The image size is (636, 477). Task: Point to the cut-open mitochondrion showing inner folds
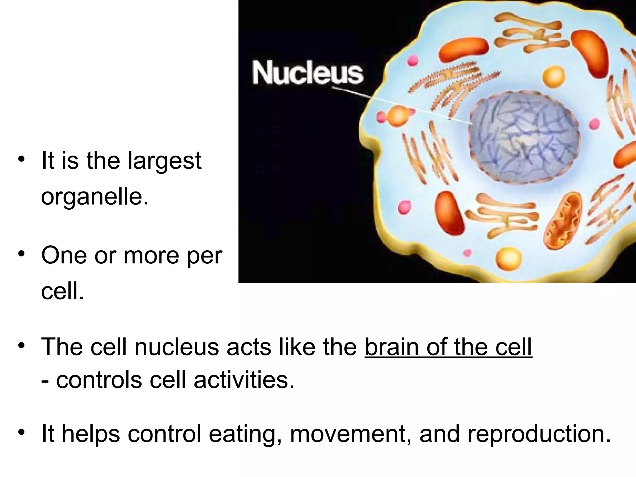[562, 220]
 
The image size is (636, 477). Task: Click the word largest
[165, 161]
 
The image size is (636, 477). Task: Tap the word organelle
[94, 197]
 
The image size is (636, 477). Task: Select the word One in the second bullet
[64, 256]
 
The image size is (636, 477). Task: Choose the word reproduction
[539, 434]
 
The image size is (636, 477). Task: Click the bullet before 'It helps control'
[21, 432]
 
